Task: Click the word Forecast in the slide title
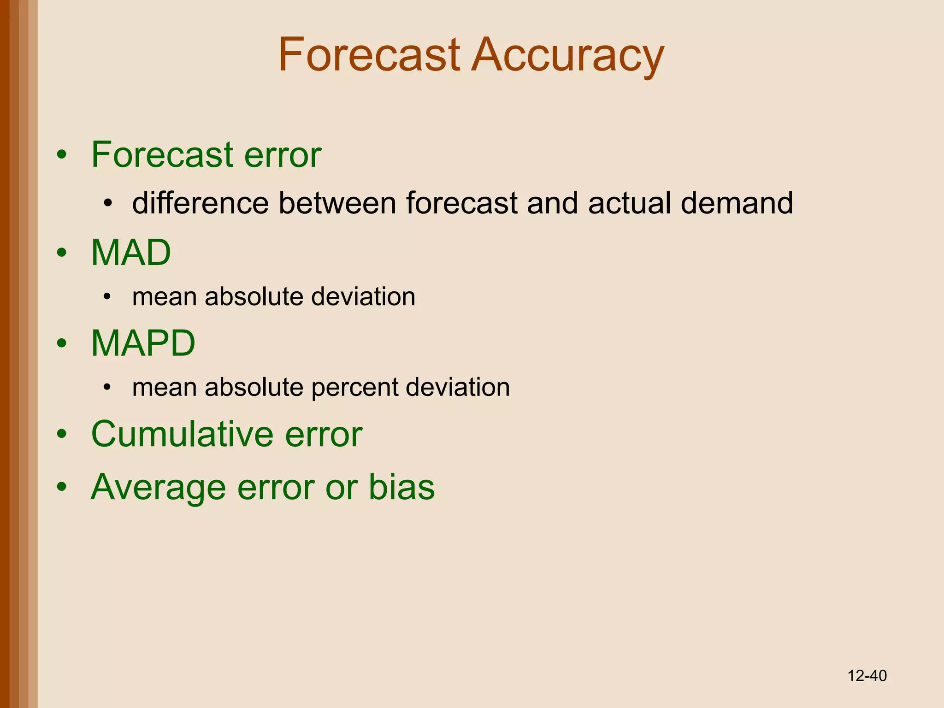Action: coord(369,55)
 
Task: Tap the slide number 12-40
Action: coord(867,676)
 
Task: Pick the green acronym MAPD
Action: coord(143,343)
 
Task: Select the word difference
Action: coord(200,203)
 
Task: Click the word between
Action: coord(337,203)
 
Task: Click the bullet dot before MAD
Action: coord(62,253)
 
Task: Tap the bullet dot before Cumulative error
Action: coord(62,435)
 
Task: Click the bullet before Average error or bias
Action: coord(62,487)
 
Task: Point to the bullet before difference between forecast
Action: coord(108,203)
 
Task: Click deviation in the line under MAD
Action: coord(363,296)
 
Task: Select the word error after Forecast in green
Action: coord(282,155)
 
